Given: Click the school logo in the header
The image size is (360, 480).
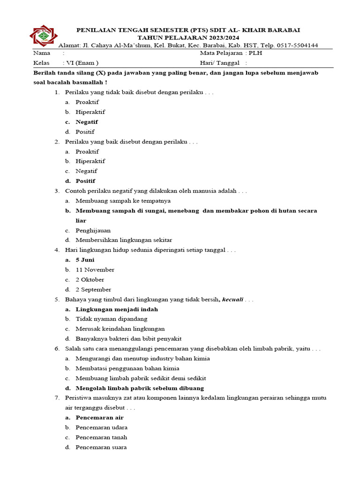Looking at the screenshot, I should coord(44,35).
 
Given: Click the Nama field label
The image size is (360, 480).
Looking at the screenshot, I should coord(42,53).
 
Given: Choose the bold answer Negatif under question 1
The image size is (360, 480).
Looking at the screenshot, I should coord(87,122).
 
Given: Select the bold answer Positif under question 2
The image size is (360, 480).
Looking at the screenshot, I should coord(85,181).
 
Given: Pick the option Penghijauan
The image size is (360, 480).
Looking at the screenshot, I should coord(93,230).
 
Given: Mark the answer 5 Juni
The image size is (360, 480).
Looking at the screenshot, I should coord(85,260).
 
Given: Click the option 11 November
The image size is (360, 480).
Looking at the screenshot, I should coord(95,270).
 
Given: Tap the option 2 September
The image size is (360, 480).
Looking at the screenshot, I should coord(93,289).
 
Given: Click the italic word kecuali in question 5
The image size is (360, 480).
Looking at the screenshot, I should coord(233,300).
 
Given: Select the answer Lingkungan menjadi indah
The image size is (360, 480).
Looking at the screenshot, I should coord(117,309).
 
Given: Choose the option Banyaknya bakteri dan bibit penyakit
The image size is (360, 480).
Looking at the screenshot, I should coord(128,338).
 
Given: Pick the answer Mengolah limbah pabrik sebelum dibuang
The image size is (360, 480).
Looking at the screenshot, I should coord(140,388).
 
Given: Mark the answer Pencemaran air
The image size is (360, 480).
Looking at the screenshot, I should coord(99,417).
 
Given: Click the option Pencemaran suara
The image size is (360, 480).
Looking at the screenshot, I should coord(101,447).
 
